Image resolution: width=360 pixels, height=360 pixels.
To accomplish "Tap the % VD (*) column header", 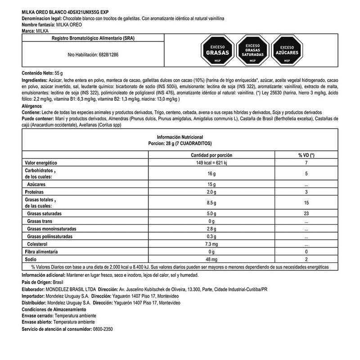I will [x=306, y=154].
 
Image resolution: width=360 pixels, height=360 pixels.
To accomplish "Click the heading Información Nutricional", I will [x=180, y=136].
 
